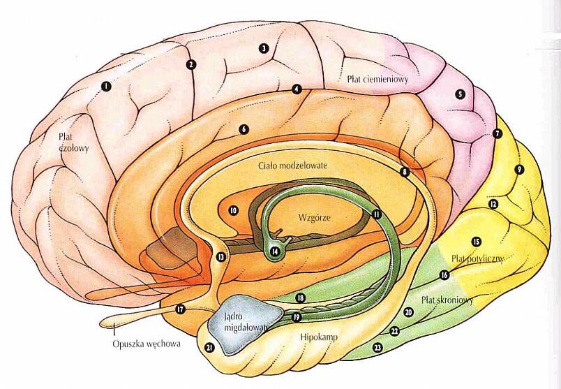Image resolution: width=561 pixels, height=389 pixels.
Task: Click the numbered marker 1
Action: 106,86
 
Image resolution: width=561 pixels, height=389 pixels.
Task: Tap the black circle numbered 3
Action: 264,48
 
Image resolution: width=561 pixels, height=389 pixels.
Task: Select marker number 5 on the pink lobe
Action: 460,94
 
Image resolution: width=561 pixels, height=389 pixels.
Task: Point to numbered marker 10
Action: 234,210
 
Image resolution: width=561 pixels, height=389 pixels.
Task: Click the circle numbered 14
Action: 275,251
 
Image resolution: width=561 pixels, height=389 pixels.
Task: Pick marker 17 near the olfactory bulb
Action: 180,308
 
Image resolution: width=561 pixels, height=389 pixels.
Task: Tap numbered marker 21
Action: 209,346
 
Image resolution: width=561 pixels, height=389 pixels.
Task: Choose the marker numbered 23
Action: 377,346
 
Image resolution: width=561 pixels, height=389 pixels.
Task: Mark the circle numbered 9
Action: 518,169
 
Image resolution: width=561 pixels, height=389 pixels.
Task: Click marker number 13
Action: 221,257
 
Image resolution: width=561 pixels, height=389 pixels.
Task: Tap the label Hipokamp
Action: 318,337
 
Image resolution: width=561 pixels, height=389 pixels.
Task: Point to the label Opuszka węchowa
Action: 147,344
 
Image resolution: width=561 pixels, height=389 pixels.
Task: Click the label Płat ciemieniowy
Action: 377,79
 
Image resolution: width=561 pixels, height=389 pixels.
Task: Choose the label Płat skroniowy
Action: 447,300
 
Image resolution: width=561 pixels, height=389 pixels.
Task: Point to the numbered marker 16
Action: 444,275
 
